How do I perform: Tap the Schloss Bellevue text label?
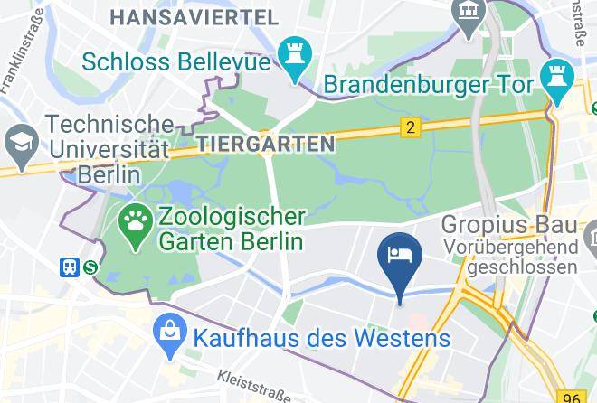pos(176,61)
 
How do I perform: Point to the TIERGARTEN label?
pos(264,143)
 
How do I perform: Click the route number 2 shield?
pos(412,127)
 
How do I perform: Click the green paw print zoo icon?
pos(136,228)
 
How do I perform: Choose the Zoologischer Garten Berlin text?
pos(231,230)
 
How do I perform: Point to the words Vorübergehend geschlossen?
pos(511,257)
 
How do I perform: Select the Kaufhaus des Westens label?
pos(321,340)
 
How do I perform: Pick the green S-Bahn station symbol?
pos(90,267)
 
